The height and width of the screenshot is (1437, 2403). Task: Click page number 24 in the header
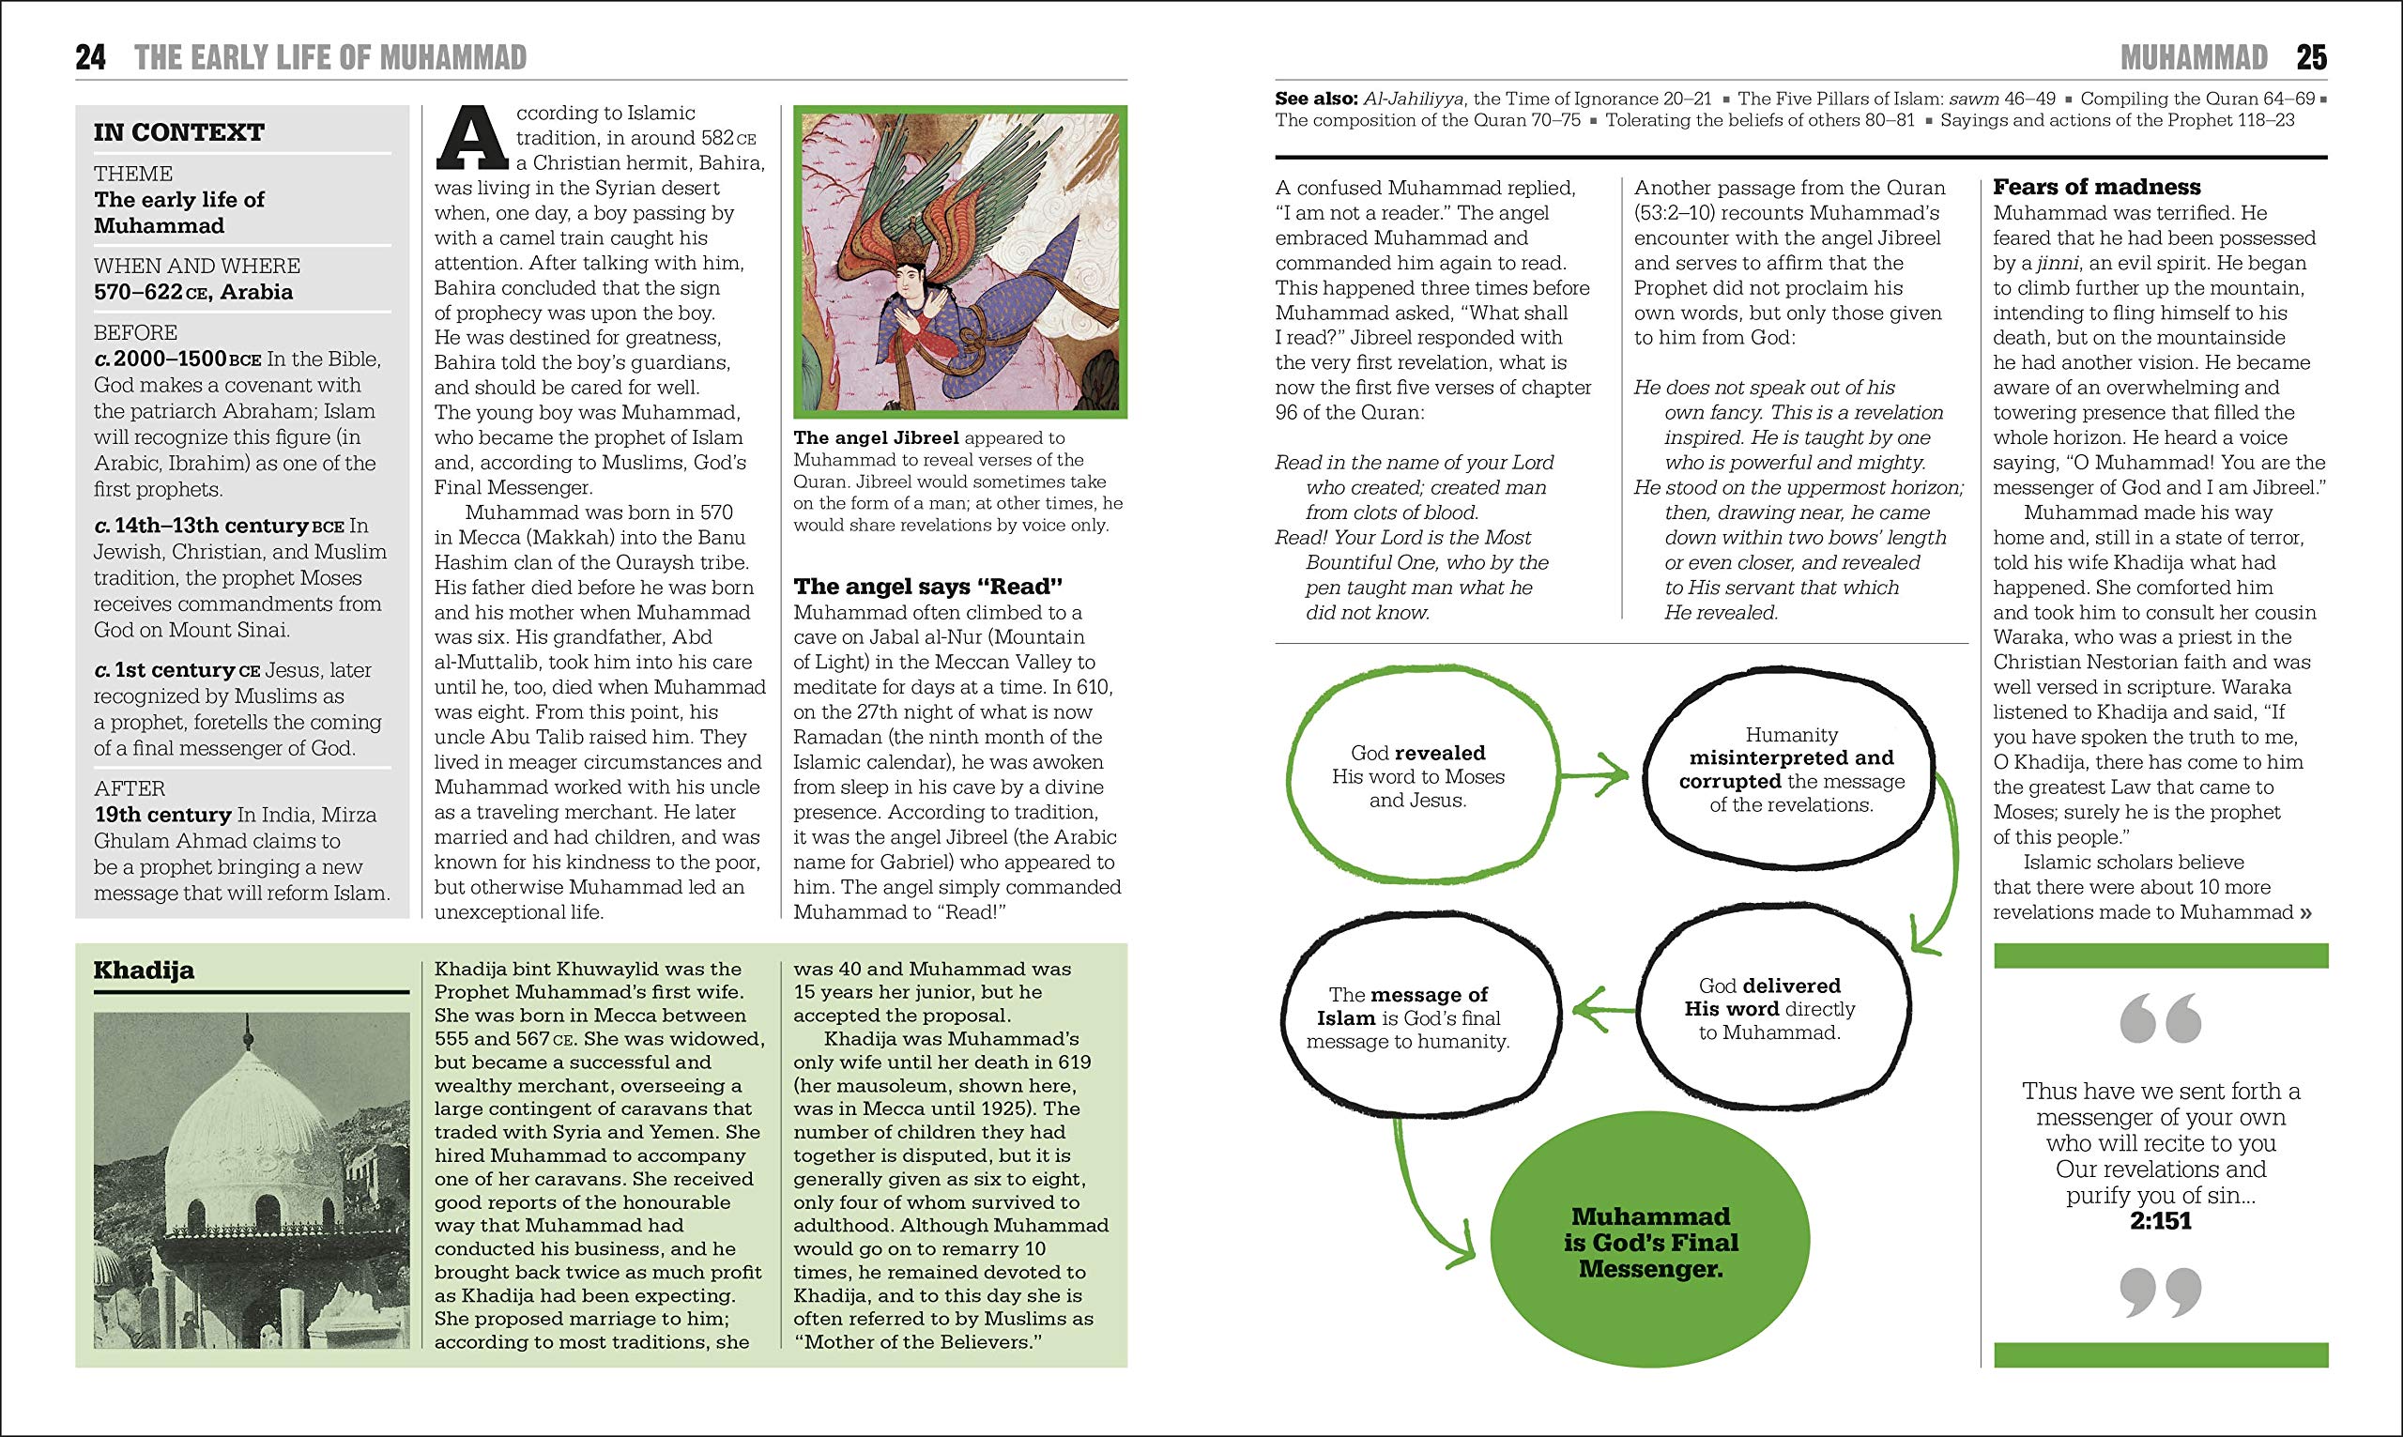[x=91, y=57]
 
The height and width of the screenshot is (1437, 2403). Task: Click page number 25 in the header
[x=2311, y=57]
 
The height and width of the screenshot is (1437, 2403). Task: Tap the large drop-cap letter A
[x=472, y=137]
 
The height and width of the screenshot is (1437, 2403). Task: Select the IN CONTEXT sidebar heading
[x=179, y=131]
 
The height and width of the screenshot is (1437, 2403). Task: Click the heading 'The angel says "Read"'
[x=927, y=586]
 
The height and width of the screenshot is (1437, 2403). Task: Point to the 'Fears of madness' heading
[x=2096, y=187]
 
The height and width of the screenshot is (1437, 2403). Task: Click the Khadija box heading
[x=145, y=970]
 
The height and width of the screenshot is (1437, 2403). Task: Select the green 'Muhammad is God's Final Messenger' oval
[x=1650, y=1242]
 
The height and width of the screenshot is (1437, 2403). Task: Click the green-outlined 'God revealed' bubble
[x=1417, y=775]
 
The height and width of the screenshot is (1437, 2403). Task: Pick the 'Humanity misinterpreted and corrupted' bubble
[x=1791, y=770]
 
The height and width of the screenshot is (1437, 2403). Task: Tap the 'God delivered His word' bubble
[x=1768, y=1008]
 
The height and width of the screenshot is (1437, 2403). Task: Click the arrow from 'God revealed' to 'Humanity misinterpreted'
[x=1597, y=774]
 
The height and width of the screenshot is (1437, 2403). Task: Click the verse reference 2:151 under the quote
[x=2160, y=1221]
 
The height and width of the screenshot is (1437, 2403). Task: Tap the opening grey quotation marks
[x=2160, y=1018]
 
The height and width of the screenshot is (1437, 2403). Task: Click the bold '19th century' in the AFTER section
[x=162, y=815]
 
